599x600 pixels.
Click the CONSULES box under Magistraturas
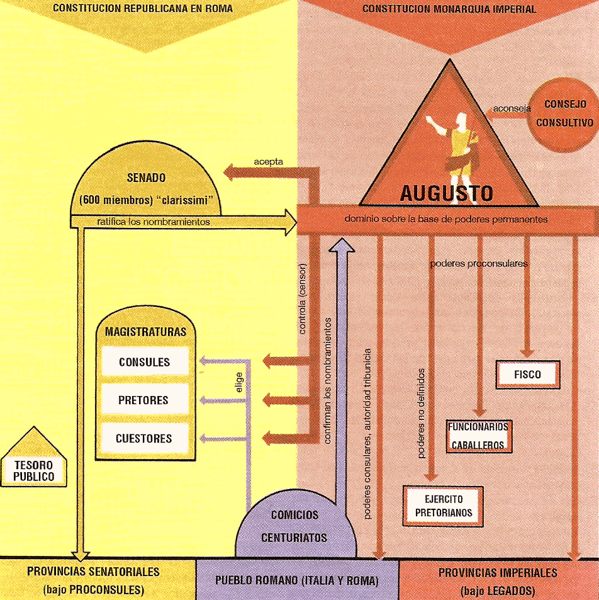click(x=144, y=362)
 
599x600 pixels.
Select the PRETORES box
click(x=144, y=400)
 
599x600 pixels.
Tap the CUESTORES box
click(x=144, y=438)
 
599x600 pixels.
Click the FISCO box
click(x=527, y=374)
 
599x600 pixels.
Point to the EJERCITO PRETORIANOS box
click(x=443, y=506)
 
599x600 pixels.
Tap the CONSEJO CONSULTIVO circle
click(x=564, y=113)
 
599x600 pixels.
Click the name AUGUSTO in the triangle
click(x=446, y=193)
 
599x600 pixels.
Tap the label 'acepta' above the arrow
click(x=269, y=162)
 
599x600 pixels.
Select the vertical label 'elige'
click(x=239, y=386)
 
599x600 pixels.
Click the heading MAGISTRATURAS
click(x=145, y=332)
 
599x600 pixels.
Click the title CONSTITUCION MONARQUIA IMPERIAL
click(x=449, y=9)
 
